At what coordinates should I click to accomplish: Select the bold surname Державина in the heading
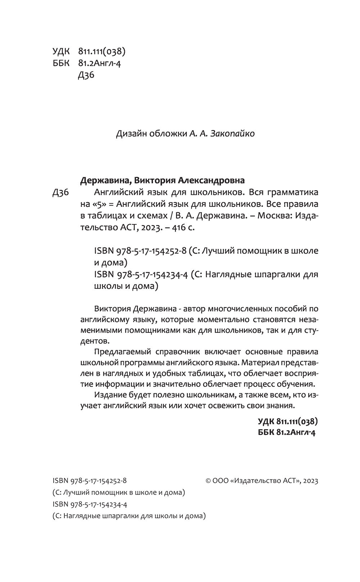pos(103,180)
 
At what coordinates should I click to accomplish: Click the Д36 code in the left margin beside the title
pos(60,193)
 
